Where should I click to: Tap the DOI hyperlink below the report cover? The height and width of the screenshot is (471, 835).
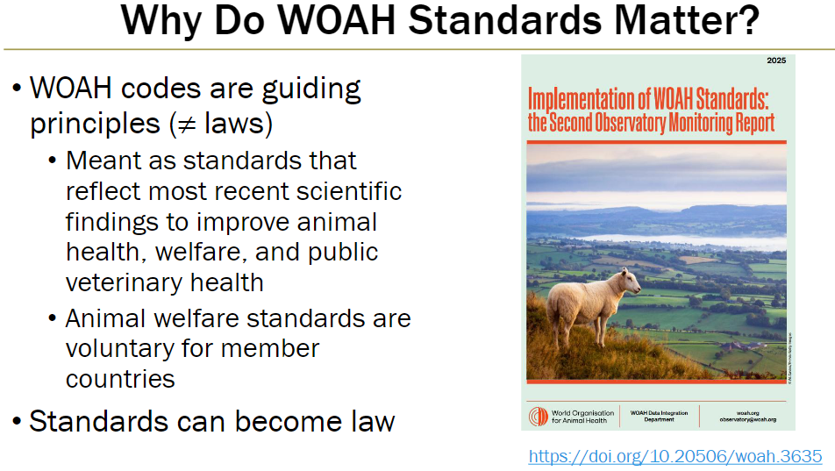[x=675, y=456]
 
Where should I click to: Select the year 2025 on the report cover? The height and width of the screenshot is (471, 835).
[x=775, y=61]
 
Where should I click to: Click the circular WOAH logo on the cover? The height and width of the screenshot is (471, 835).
[x=538, y=417]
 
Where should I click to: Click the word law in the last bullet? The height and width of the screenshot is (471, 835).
[x=373, y=421]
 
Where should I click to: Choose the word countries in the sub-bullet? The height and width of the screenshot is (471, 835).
[x=120, y=379]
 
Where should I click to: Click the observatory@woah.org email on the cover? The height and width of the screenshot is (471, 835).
[x=747, y=420]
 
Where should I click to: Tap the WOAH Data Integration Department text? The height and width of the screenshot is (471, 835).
[x=659, y=416]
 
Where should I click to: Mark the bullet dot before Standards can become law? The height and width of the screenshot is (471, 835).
[x=17, y=422]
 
